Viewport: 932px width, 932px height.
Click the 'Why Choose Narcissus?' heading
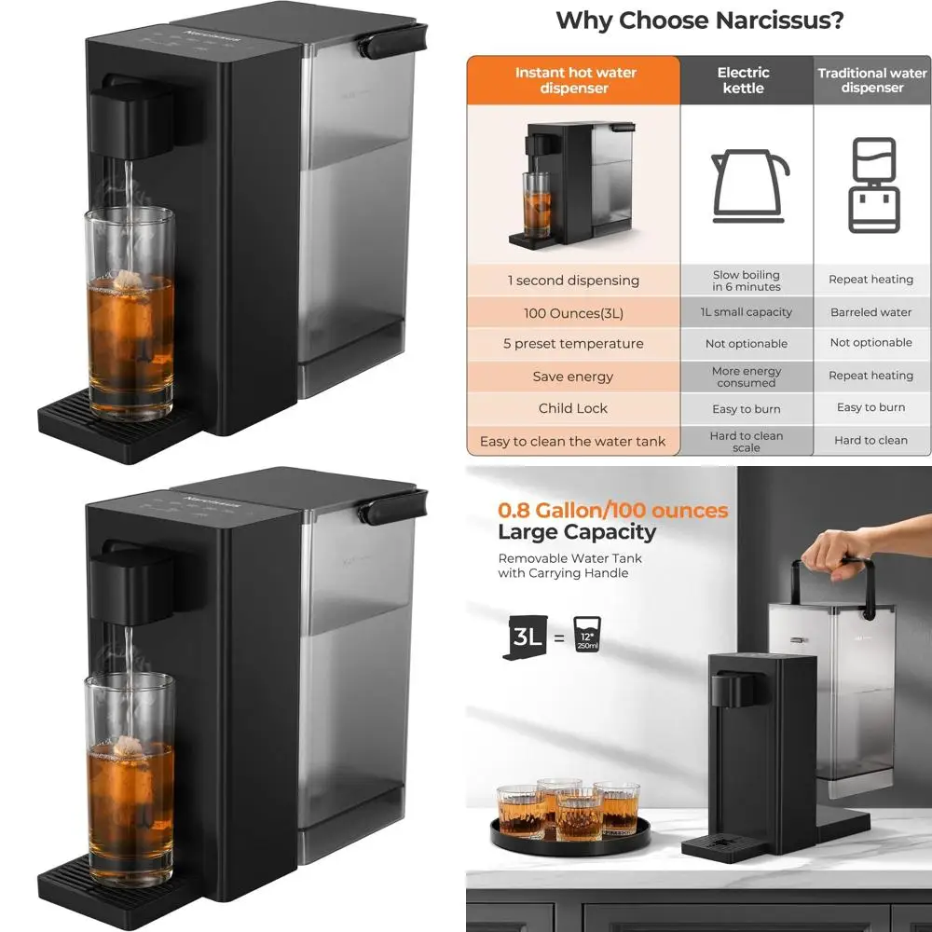(x=699, y=21)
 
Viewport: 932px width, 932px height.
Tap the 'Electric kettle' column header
(x=743, y=80)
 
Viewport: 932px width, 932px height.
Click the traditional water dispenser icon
(x=874, y=185)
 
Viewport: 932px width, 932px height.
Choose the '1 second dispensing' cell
(x=573, y=281)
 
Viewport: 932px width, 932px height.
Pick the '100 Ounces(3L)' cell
(x=573, y=313)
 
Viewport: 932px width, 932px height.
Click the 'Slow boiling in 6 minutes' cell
(x=747, y=281)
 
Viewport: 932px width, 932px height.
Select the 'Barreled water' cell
(x=871, y=312)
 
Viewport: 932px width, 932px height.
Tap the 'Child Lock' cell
(x=573, y=408)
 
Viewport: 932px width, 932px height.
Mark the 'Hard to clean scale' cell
(x=747, y=441)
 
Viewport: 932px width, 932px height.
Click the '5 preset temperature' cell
(x=573, y=344)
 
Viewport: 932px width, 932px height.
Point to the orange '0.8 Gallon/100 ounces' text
(x=613, y=511)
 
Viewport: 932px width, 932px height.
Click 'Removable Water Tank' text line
(x=570, y=558)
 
